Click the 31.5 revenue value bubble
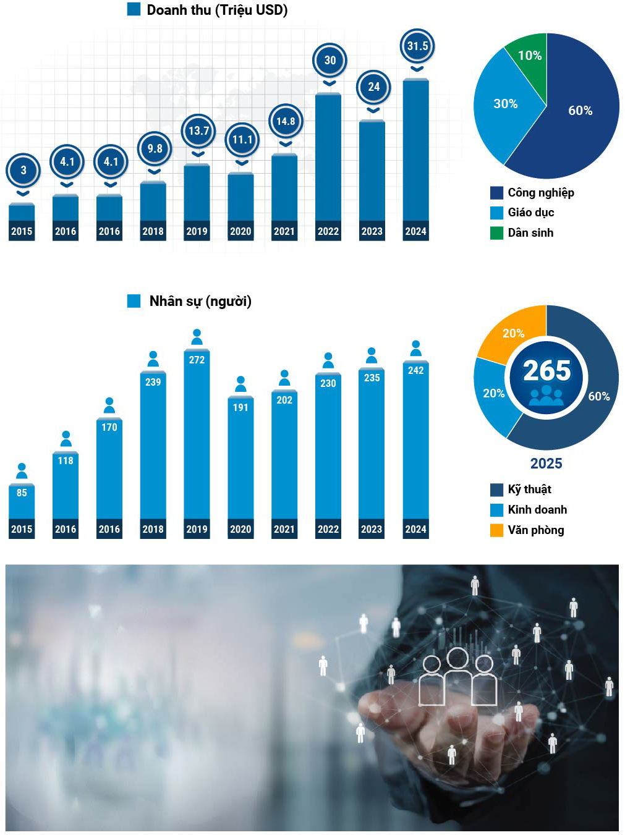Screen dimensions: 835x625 417,46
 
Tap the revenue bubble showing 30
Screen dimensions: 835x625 330,60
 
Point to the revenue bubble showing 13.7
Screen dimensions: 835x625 198,130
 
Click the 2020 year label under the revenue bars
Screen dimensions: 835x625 240,231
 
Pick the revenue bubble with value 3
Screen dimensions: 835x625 23,170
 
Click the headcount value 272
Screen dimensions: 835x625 197,360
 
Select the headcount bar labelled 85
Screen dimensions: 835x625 22,502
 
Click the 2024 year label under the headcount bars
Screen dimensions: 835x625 415,529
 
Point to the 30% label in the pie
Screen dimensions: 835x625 505,104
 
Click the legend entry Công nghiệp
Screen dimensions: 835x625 540,193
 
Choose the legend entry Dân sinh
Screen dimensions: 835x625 530,233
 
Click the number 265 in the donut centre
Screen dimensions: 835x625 546,371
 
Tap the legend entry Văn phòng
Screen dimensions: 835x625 535,530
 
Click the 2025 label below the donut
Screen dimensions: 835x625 546,464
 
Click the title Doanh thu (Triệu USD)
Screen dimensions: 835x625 216,10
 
